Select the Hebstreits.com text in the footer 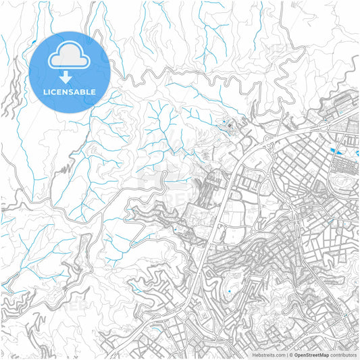point(268,354)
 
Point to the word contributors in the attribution point(343,354)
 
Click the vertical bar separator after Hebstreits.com point(286,354)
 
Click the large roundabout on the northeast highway point(324,126)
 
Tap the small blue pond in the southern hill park point(229,292)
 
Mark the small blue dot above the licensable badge point(34,44)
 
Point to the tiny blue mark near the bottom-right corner point(346,315)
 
